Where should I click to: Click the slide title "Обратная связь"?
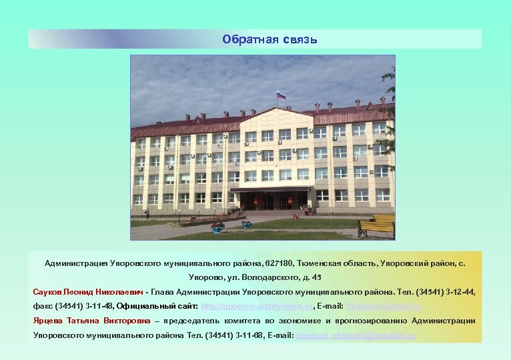pos(270,39)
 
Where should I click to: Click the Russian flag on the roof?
pos(281,95)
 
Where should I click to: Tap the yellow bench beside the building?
pos(376,226)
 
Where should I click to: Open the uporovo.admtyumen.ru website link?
pos(257,306)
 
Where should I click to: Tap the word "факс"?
pos(43,306)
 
